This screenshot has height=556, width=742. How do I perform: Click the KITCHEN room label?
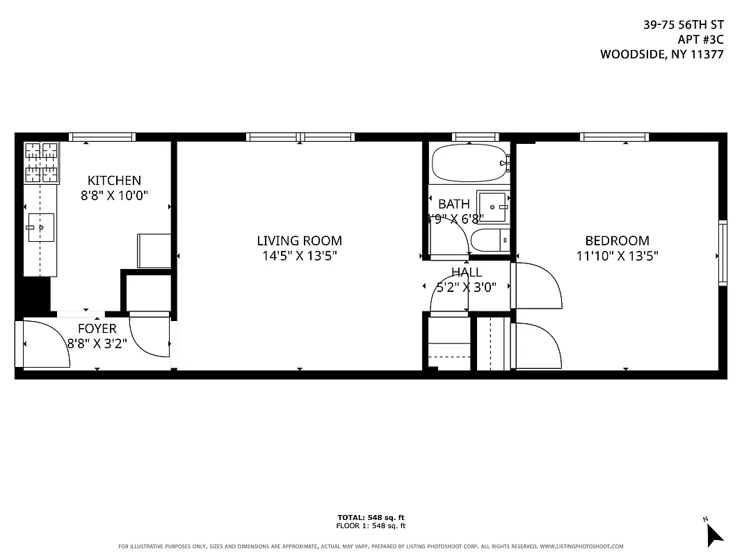click(114, 181)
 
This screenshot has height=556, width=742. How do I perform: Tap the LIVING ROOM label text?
click(299, 241)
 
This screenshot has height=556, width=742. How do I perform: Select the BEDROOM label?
click(617, 241)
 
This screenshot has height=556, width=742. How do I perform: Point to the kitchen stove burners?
click(42, 163)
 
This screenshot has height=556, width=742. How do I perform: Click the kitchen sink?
click(41, 227)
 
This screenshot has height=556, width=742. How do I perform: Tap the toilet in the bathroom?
click(491, 241)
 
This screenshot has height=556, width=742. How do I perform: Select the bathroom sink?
click(493, 206)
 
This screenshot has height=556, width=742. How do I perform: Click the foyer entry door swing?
click(46, 345)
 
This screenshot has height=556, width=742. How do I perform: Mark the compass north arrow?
click(713, 532)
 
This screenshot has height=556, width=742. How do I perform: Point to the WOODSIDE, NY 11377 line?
click(661, 54)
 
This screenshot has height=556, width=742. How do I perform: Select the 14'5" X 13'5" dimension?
click(299, 256)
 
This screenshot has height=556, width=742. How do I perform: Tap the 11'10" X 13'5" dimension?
click(617, 256)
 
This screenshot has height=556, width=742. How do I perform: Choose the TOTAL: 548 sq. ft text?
click(371, 517)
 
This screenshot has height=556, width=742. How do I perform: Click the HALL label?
click(466, 272)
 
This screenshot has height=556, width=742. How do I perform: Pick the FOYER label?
click(97, 329)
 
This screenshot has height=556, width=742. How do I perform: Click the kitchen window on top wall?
click(102, 137)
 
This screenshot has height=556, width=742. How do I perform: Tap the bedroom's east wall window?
click(723, 252)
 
